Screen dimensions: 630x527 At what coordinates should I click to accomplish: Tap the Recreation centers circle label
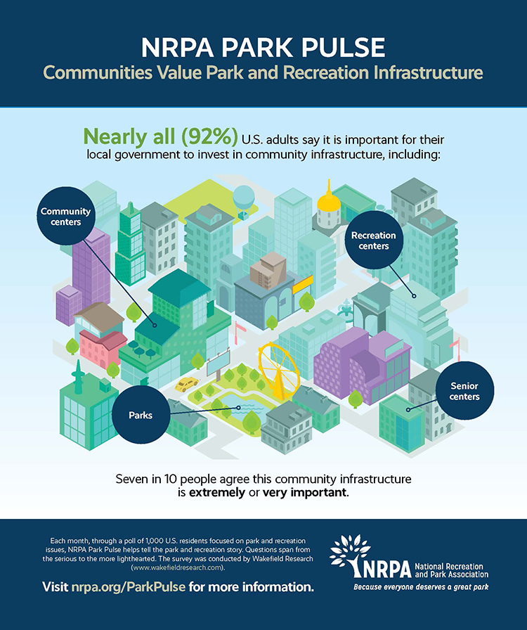click(373, 241)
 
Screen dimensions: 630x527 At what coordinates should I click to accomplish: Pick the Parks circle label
click(141, 415)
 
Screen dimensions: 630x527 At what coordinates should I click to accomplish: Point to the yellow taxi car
click(187, 384)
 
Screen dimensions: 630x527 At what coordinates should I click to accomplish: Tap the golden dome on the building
click(328, 203)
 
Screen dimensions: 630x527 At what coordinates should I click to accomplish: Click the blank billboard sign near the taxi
click(218, 362)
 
